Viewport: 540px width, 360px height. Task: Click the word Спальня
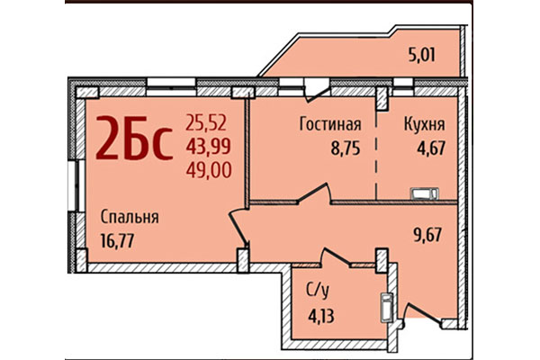(x=130, y=216)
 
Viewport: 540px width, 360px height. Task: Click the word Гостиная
(x=330, y=124)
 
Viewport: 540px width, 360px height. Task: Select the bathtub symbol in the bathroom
(x=385, y=310)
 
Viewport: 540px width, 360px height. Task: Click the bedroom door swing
(x=238, y=229)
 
